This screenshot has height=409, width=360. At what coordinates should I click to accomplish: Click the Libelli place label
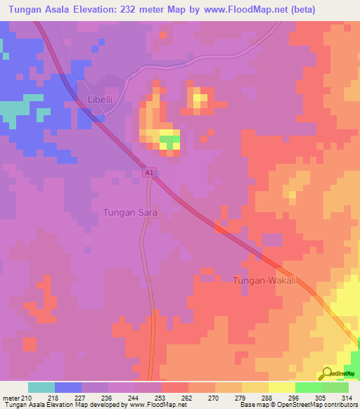pos(99,100)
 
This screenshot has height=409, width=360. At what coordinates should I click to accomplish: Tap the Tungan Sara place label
pos(129,212)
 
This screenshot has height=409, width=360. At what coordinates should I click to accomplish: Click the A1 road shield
pos(148,173)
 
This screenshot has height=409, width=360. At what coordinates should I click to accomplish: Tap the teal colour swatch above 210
pos(41,387)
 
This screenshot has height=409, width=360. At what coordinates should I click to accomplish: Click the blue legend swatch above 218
pos(68,387)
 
